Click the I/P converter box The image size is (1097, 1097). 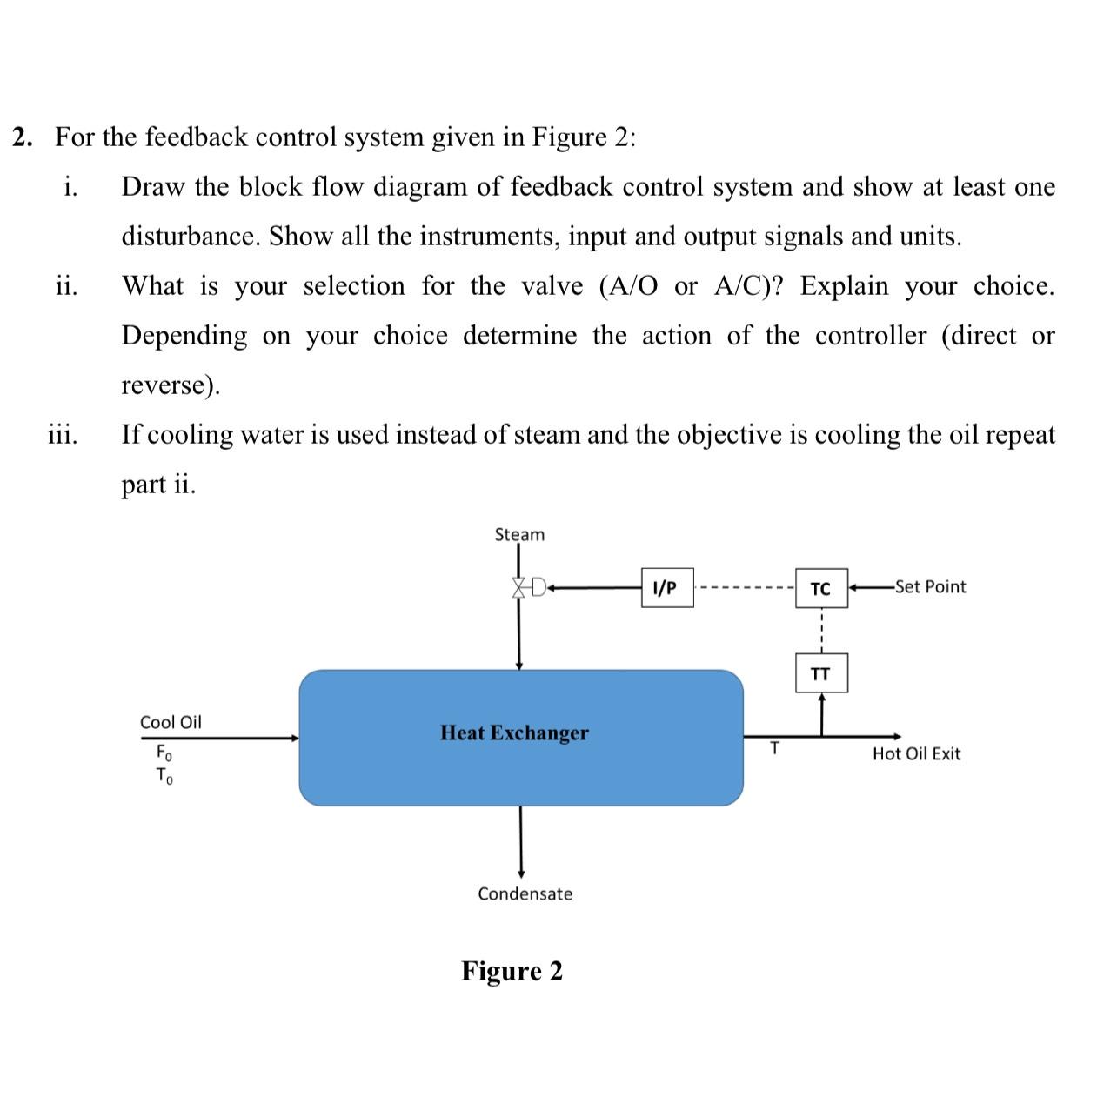(666, 587)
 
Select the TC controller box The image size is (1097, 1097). (820, 589)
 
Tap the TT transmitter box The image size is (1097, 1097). (820, 673)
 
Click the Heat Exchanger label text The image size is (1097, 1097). (514, 732)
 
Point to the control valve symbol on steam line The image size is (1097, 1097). (525, 587)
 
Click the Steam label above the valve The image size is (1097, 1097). (519, 534)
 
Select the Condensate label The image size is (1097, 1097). (525, 893)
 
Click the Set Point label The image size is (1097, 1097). (930, 586)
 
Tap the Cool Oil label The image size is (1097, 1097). (171, 722)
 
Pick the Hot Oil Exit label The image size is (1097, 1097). (916, 753)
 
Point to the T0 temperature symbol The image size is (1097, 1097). (164, 775)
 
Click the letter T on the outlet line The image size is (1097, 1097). (775, 747)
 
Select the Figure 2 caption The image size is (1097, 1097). (512, 970)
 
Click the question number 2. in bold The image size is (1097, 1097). (24, 137)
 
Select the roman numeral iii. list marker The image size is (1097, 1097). (62, 434)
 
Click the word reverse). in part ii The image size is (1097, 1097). (171, 385)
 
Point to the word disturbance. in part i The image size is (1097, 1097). (191, 237)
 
